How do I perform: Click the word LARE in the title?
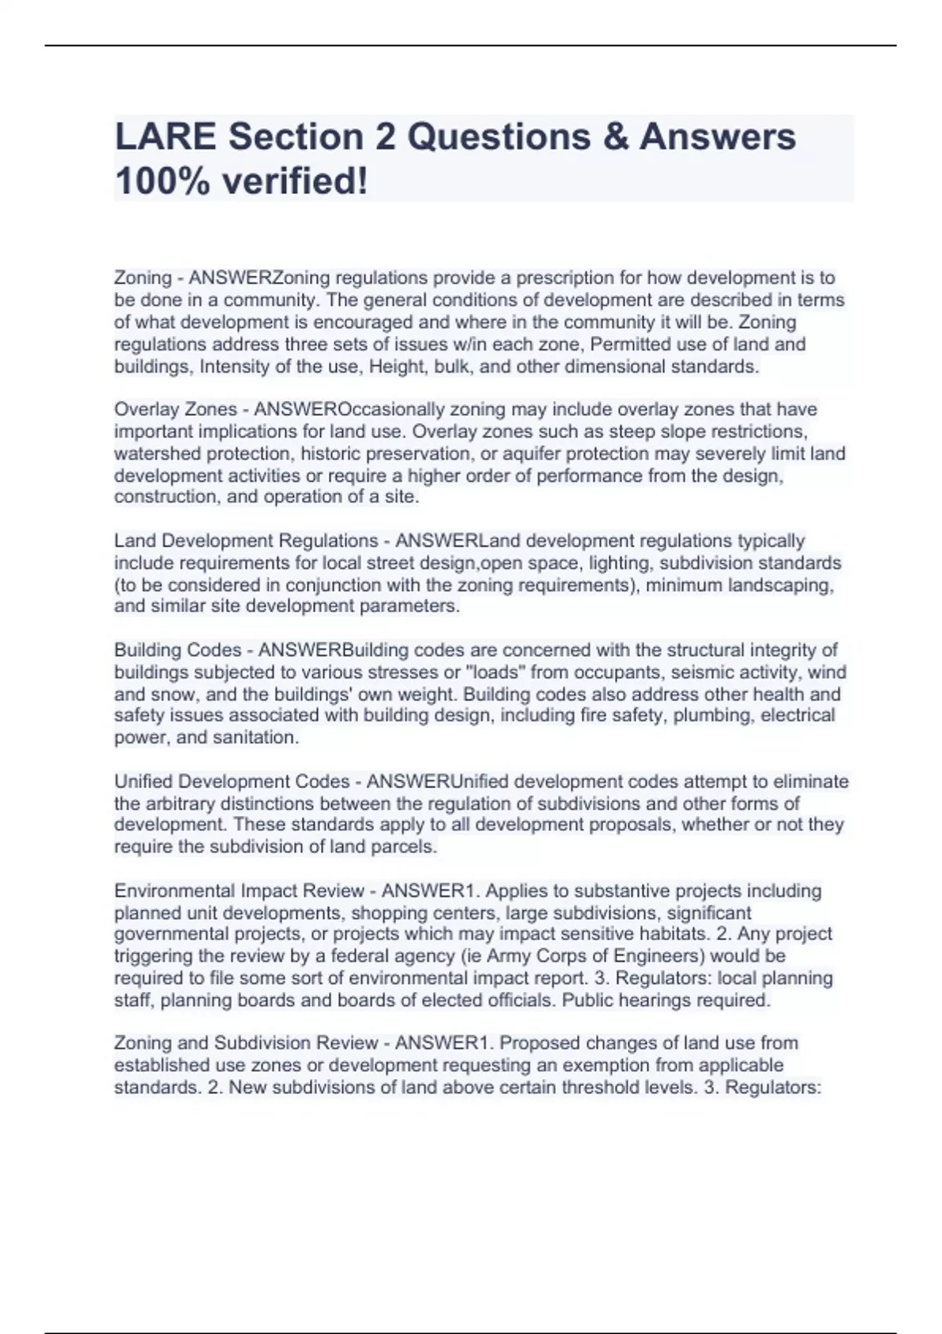[x=165, y=137]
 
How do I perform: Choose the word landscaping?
[x=778, y=585]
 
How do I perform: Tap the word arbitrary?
[x=179, y=804]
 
